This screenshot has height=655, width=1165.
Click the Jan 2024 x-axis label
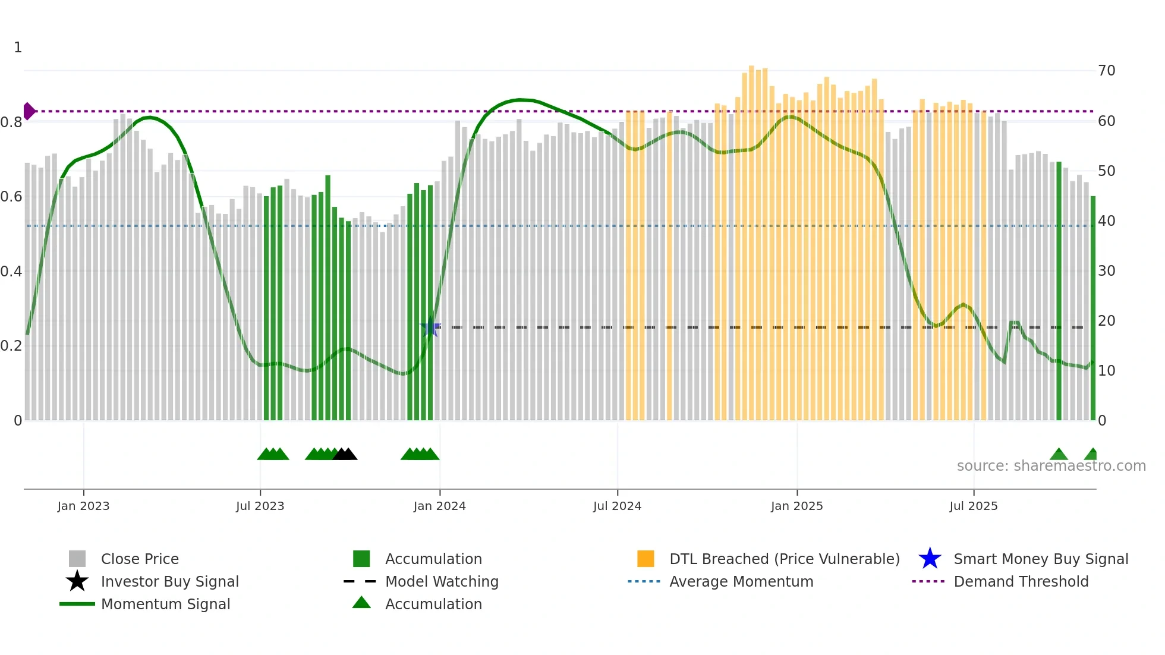click(439, 506)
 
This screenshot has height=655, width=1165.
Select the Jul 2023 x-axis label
click(260, 506)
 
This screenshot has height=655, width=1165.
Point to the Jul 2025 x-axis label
click(973, 506)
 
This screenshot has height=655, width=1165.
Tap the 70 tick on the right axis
click(1106, 71)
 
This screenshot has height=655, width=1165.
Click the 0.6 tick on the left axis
click(11, 197)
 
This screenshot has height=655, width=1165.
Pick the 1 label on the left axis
click(18, 48)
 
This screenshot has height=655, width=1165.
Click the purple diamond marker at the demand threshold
click(29, 111)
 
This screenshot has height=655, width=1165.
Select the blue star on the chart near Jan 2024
click(430, 327)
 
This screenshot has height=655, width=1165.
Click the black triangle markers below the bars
click(345, 454)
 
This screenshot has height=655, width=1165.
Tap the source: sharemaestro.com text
click(1051, 466)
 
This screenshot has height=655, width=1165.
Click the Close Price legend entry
click(140, 559)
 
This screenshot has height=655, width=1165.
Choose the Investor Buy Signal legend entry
click(169, 582)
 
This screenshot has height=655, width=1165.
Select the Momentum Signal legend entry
click(165, 604)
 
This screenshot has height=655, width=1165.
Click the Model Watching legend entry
click(441, 582)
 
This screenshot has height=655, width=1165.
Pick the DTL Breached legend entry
click(784, 559)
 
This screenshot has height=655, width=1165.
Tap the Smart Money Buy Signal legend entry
click(1040, 559)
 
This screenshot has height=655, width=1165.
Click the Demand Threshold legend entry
click(1021, 582)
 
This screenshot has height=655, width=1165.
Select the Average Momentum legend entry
click(741, 582)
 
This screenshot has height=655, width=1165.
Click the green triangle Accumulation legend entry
click(433, 604)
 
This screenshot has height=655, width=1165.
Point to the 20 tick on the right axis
click(1106, 321)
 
